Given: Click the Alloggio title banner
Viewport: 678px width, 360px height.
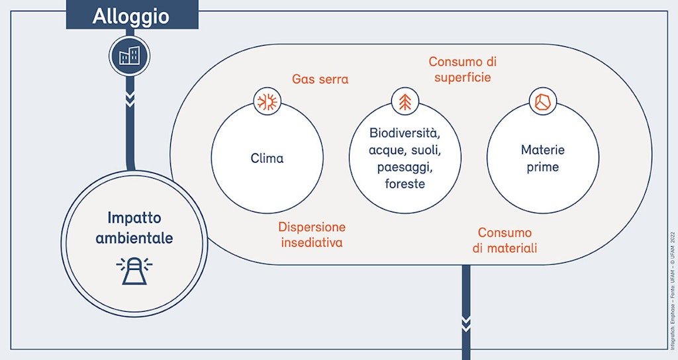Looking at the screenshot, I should [131, 16].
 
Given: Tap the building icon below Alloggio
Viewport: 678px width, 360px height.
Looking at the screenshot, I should [129, 56].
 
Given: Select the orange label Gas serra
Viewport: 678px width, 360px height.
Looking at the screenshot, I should [320, 79].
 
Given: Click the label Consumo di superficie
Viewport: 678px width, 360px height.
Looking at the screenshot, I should [462, 69].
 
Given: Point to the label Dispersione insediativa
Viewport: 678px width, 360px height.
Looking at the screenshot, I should [312, 234].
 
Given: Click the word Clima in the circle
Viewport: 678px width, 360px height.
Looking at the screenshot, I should [267, 158].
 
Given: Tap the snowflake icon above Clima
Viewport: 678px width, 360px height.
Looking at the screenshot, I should [267, 102].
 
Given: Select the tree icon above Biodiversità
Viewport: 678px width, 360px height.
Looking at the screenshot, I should [405, 102].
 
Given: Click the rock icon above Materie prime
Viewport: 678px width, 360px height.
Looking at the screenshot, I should [542, 102].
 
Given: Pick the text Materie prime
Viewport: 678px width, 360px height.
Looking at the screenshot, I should [542, 158].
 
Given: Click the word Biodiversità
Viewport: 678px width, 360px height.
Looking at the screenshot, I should [405, 134].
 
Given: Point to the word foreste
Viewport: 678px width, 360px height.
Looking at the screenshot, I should [405, 183].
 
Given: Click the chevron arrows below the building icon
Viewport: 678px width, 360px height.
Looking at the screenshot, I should [130, 100].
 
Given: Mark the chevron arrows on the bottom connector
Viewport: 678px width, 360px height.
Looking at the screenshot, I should [466, 324].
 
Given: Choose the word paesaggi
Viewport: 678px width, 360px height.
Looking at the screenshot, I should [405, 167].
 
